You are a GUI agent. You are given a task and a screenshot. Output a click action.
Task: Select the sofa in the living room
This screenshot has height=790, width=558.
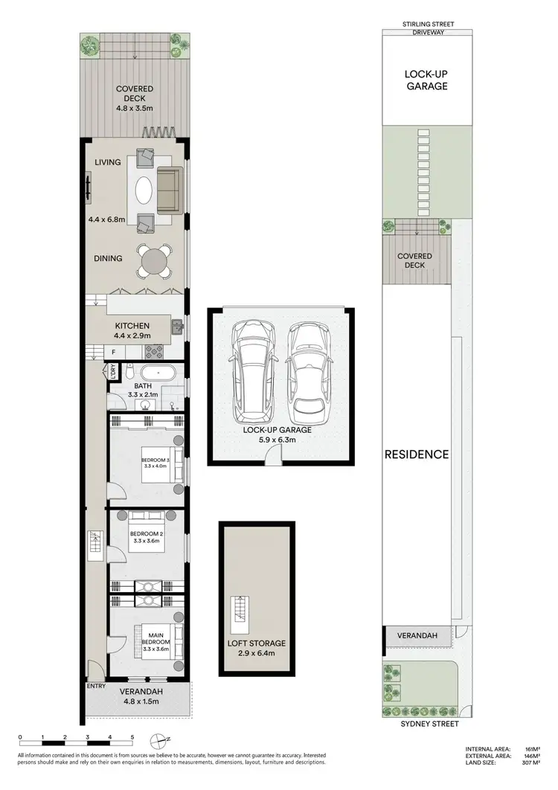[170, 190]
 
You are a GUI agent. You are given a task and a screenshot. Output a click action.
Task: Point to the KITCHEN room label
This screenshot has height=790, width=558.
[132, 326]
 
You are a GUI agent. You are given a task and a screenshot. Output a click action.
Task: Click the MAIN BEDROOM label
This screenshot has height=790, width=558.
[157, 638]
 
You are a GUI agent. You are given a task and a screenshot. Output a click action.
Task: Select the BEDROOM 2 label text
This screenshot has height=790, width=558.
[146, 534]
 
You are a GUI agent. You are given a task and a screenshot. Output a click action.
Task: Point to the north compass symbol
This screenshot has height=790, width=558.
[159, 739]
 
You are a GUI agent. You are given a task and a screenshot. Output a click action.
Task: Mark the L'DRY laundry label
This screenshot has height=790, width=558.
[112, 371]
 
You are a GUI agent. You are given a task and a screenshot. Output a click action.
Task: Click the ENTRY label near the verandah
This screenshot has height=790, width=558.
[96, 686]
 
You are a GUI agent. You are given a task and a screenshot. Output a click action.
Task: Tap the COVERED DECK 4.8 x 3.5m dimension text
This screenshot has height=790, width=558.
[135, 109]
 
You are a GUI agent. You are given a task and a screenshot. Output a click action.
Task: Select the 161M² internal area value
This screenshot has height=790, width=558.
[530, 748]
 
